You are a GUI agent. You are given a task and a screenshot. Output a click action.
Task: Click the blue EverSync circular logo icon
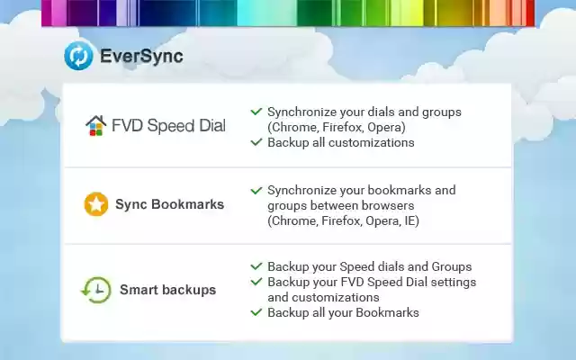point(78,56)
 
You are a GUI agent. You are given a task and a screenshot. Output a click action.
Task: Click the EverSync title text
point(140,56)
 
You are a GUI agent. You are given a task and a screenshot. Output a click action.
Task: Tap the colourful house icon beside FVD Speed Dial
point(95,125)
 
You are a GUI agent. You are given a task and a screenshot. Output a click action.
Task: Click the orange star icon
point(96,204)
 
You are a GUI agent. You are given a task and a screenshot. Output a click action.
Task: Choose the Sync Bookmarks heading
point(169,204)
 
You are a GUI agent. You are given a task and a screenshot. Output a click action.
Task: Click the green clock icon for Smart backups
point(96,289)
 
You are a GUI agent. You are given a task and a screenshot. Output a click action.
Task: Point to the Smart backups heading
point(167,290)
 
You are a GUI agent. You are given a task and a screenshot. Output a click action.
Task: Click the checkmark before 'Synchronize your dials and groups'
point(256,112)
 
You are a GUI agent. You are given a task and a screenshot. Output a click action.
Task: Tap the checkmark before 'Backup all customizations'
point(256,142)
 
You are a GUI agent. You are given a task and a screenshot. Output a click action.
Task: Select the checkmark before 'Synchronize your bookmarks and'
point(256,190)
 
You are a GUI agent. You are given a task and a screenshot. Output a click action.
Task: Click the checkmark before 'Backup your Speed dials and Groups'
point(256,266)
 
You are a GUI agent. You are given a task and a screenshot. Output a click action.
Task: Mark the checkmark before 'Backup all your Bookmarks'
point(256,312)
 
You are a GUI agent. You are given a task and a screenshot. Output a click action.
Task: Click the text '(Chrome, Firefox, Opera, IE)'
point(343,220)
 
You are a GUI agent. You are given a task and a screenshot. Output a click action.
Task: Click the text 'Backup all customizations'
point(340,142)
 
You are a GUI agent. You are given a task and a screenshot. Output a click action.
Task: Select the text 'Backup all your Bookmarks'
point(343,312)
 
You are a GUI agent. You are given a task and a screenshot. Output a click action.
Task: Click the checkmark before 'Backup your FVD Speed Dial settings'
point(256,282)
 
